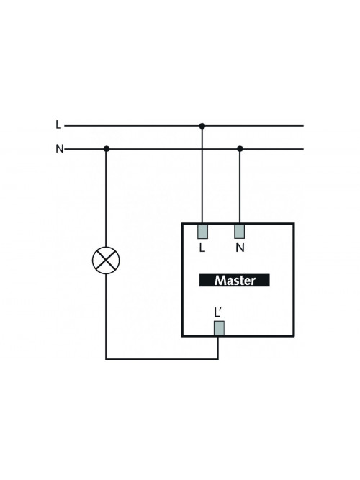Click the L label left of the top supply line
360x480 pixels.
coord(58,125)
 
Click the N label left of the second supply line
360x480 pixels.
coord(60,149)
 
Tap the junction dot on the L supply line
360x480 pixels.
coord(202,126)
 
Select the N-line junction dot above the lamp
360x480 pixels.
coord(107,149)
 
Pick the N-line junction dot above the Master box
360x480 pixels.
coord(240,149)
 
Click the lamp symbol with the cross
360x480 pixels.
coord(106,261)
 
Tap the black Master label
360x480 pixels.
coord(235,280)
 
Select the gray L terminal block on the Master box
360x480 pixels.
coord(202,232)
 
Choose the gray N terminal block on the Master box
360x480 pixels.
coord(240,232)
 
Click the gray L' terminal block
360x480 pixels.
coord(219,328)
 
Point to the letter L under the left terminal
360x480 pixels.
coord(202,248)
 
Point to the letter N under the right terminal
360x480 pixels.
coord(240,248)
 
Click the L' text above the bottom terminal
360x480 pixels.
coord(218,312)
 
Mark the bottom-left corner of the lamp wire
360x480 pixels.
coord(106,359)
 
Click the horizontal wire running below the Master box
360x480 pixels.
coord(162,359)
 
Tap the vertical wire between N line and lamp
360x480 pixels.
coord(106,198)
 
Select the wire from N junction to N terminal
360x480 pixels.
coord(240,186)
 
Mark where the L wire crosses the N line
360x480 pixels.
coord(202,149)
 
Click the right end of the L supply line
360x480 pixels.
coord(303,126)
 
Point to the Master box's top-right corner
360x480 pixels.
coord(294,224)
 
